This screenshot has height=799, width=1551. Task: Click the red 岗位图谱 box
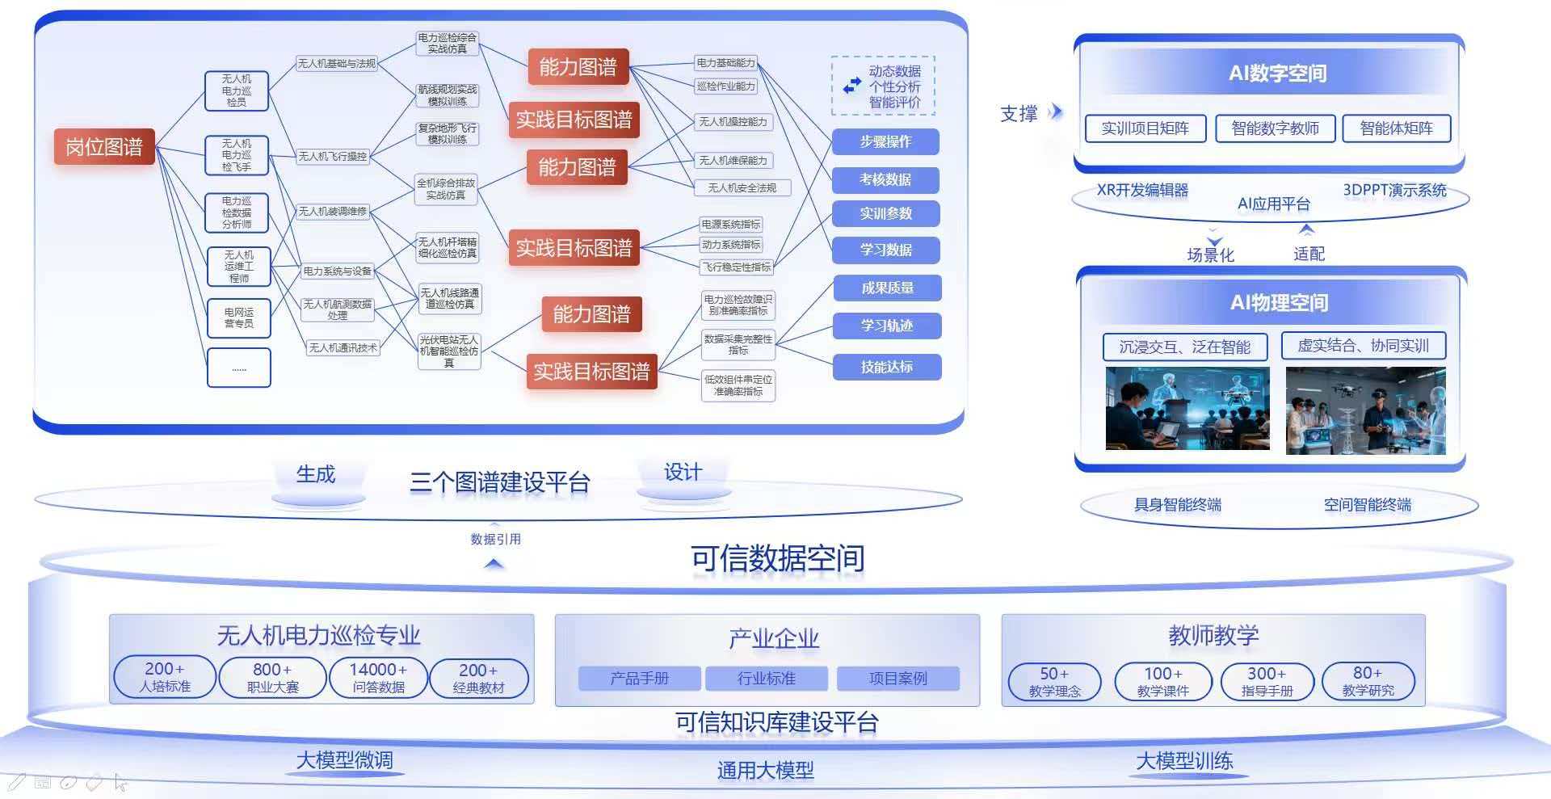(104, 147)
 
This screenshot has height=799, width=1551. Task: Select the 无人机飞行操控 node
(332, 156)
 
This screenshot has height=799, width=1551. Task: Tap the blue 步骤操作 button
(885, 141)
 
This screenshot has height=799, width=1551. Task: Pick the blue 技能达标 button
(886, 367)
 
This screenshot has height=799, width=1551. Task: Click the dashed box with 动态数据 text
(883, 86)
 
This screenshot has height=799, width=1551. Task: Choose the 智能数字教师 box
(1275, 128)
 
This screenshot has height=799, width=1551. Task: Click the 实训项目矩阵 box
(1145, 128)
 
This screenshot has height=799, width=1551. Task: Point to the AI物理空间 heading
(1279, 302)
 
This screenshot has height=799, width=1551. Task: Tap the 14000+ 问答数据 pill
(378, 678)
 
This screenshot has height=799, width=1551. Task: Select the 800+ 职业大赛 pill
(272, 678)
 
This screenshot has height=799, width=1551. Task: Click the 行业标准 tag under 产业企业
(766, 679)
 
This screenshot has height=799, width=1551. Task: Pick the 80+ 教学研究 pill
(1368, 681)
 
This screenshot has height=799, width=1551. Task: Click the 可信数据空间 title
(777, 558)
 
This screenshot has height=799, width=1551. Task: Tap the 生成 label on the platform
(316, 474)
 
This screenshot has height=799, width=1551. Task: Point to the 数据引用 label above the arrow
(495, 539)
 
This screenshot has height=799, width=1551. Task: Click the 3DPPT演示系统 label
(1394, 191)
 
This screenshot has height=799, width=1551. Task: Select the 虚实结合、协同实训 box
(1363, 346)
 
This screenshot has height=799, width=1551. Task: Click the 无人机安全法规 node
(742, 187)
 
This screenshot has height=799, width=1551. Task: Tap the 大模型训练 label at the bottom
(1184, 761)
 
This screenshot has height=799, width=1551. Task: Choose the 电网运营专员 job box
(238, 317)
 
